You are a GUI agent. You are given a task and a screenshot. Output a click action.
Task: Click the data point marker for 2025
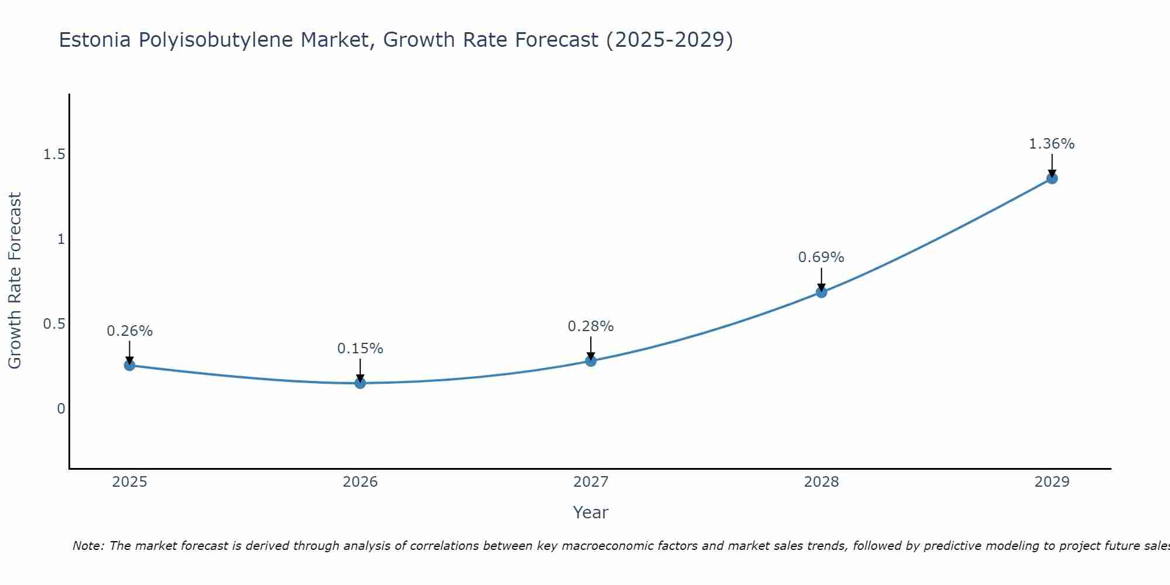click(x=130, y=366)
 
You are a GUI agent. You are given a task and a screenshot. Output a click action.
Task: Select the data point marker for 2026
click(x=360, y=383)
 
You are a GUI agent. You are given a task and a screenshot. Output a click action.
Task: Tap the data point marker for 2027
click(x=591, y=361)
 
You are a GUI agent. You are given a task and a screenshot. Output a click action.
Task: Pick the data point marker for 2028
click(x=821, y=292)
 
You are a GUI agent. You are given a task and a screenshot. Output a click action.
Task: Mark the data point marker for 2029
click(x=1052, y=178)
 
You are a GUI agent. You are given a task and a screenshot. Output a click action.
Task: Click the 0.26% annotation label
click(x=130, y=331)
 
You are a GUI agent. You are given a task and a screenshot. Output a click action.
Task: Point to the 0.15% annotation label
click(x=360, y=349)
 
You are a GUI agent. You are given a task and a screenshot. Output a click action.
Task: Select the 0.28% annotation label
click(x=591, y=326)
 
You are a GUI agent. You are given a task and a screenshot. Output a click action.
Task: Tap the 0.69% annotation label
click(x=821, y=257)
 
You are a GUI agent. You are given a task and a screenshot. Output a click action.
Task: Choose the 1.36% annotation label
click(x=1052, y=144)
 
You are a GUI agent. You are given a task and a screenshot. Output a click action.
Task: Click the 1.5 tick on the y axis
click(x=54, y=154)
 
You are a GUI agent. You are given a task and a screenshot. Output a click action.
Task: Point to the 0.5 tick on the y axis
click(x=54, y=324)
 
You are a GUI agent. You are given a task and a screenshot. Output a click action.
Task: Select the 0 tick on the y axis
click(x=61, y=409)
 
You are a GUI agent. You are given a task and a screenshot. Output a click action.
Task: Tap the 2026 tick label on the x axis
click(x=360, y=482)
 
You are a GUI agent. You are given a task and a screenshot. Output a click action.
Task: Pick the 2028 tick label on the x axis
click(x=821, y=482)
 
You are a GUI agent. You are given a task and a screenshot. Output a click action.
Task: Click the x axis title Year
click(x=591, y=512)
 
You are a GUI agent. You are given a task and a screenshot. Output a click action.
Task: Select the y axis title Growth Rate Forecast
click(x=15, y=281)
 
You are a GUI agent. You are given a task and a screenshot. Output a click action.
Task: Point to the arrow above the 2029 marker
click(x=1052, y=166)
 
